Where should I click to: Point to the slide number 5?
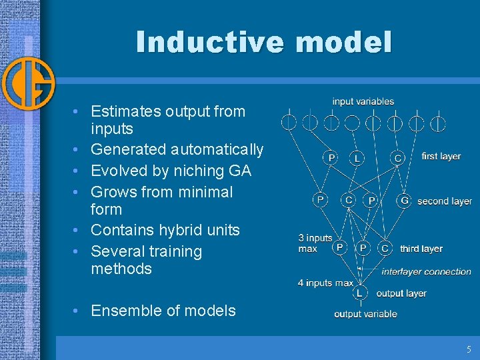469,349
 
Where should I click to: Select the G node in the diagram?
404,200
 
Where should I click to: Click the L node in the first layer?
357,158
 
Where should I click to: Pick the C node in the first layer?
398,158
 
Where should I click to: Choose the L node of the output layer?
360,293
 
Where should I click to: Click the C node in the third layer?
385,248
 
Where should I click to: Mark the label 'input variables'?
363,102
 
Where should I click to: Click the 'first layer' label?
441,156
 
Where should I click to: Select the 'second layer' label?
444,201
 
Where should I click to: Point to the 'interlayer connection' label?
426,271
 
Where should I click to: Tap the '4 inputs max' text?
325,283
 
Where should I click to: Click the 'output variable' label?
365,314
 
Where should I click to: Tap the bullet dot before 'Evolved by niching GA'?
78,171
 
